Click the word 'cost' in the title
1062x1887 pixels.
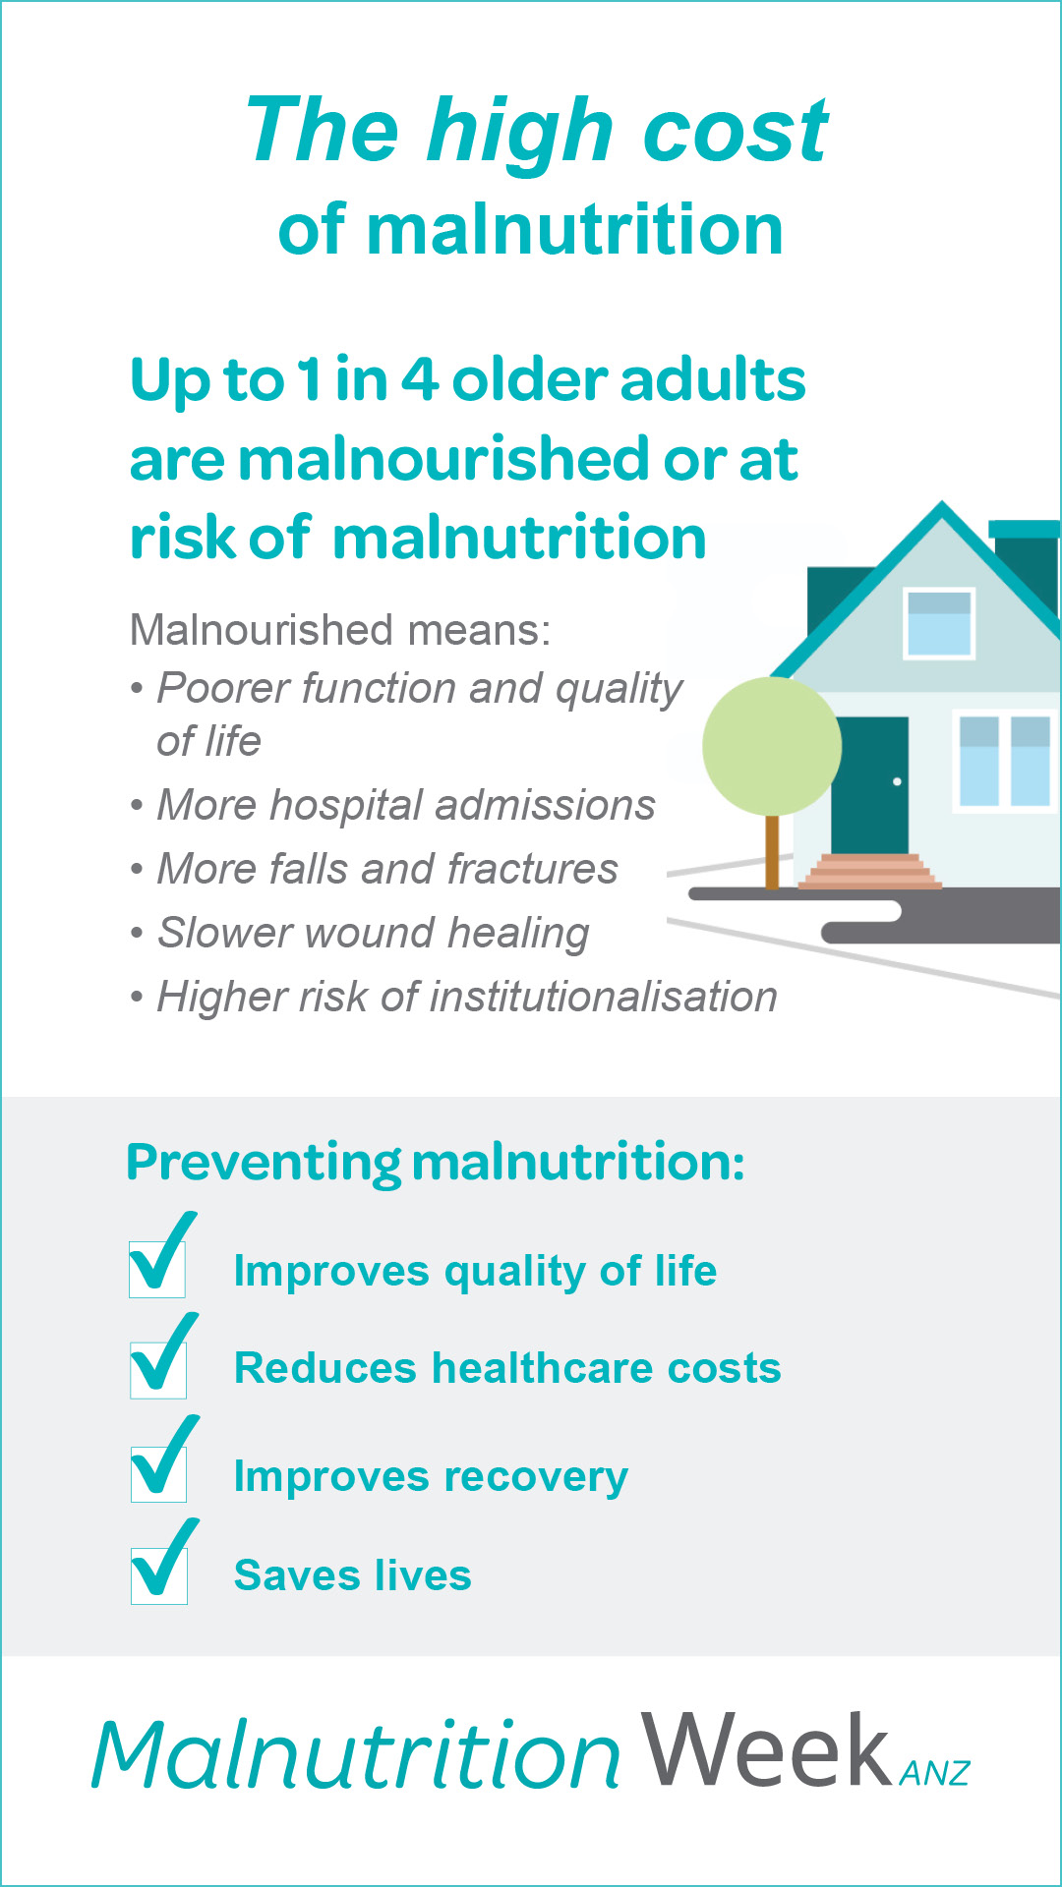pyautogui.click(x=735, y=132)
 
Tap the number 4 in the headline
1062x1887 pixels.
pyautogui.click(x=419, y=379)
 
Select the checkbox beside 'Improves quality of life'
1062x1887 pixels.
pyautogui.click(x=157, y=1268)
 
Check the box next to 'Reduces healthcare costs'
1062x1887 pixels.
pyautogui.click(x=158, y=1369)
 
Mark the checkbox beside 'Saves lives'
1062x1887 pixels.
pyautogui.click(x=159, y=1575)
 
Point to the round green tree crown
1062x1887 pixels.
pyautogui.click(x=772, y=746)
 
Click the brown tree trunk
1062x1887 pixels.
pyautogui.click(x=772, y=851)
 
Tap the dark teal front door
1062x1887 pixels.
pyautogui.click(x=869, y=784)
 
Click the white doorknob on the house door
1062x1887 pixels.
pyautogui.click(x=897, y=782)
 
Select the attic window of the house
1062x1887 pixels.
pyautogui.click(x=939, y=623)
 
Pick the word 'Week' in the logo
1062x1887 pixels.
pyautogui.click(x=766, y=1750)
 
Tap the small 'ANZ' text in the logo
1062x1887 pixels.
pyautogui.click(x=934, y=1772)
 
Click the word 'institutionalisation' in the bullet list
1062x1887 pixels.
pyautogui.click(x=604, y=997)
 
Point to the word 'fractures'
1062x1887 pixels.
pyautogui.click(x=532, y=869)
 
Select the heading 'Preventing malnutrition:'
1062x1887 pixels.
pyautogui.click(x=436, y=1163)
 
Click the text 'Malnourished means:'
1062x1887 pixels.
pyautogui.click(x=340, y=630)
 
